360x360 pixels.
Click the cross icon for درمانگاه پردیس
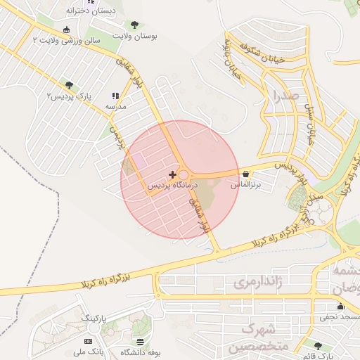173,174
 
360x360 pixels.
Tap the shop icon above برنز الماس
245,173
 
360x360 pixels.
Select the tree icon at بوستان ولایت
134,25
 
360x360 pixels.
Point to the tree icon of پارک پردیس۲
68,85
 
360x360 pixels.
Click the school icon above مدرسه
115,96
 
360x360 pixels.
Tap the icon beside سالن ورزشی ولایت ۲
66,30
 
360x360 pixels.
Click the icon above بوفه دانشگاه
130,341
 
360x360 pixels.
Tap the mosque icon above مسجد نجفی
340,306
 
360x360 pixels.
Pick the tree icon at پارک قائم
319,345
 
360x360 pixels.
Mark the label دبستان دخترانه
91,12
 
